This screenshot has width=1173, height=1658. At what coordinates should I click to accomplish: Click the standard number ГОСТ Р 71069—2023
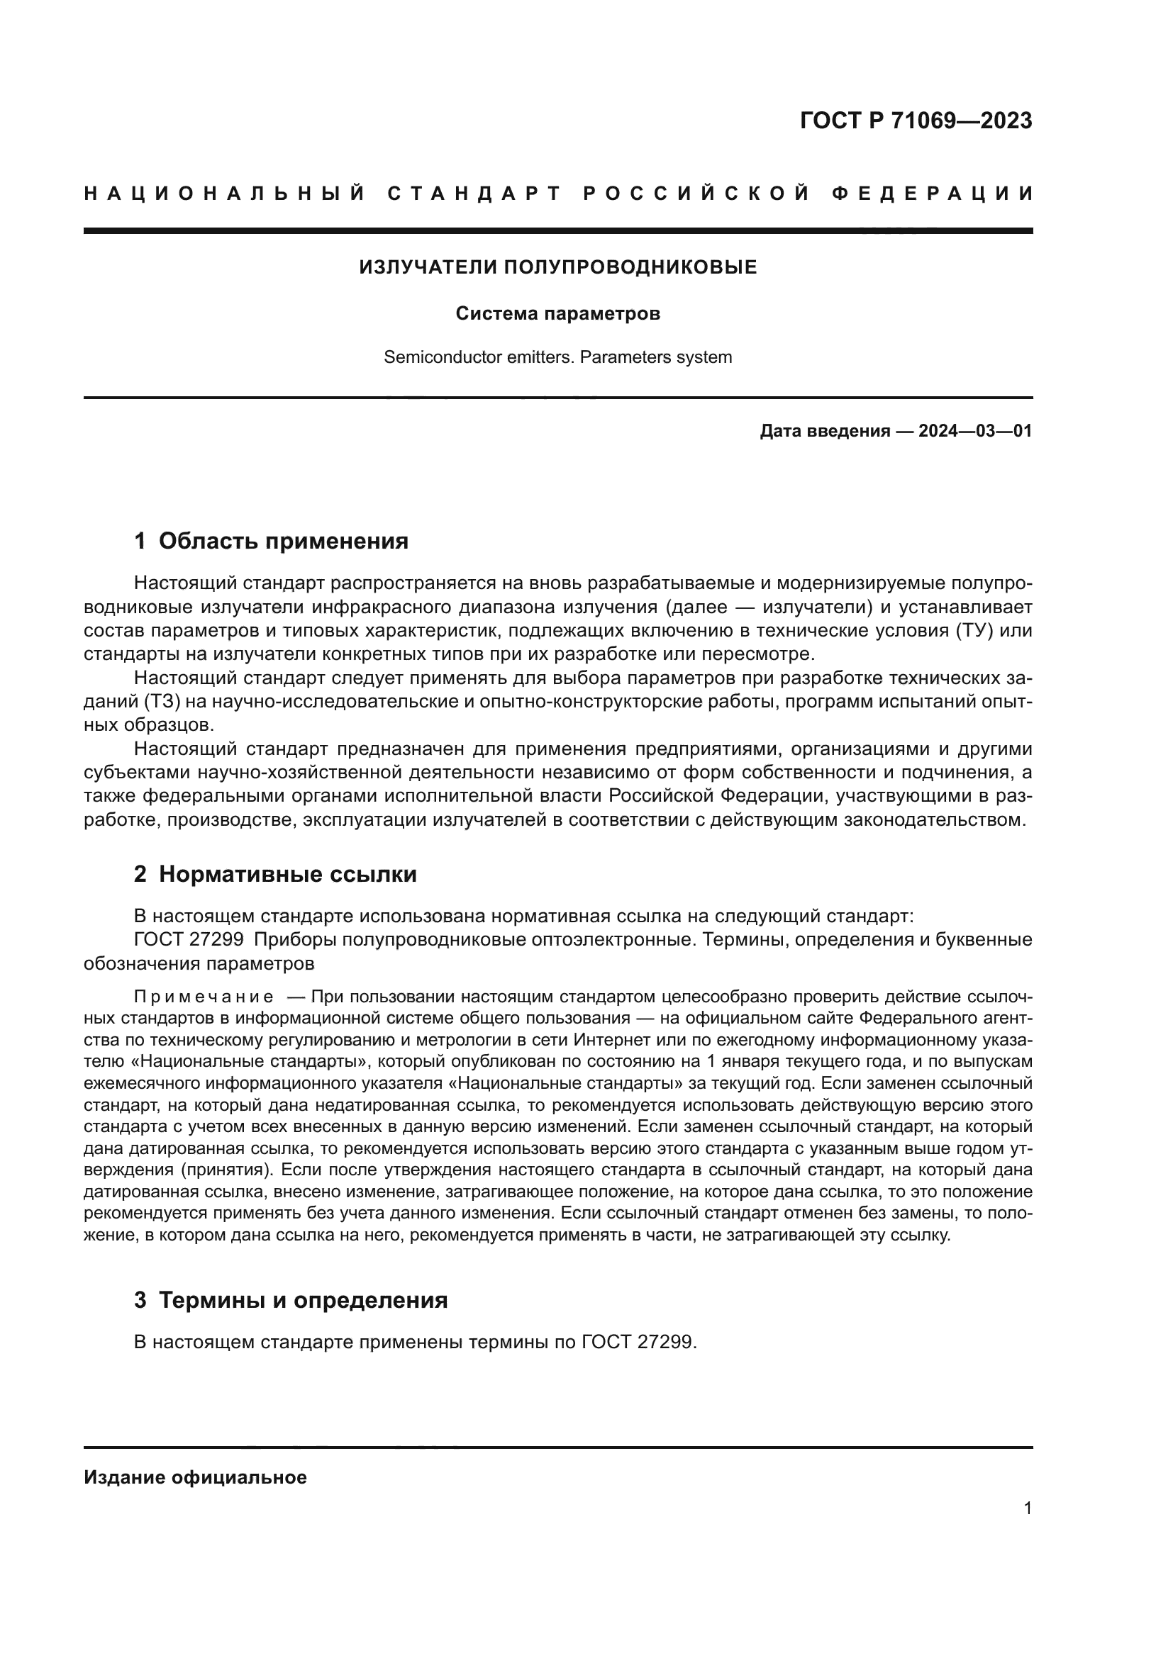915,121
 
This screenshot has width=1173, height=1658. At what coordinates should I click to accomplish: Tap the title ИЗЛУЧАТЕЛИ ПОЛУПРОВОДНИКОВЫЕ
557,267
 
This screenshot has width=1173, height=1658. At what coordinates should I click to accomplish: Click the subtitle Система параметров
557,314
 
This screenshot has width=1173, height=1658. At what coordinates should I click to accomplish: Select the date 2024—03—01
974,432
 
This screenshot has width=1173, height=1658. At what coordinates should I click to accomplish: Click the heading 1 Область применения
271,541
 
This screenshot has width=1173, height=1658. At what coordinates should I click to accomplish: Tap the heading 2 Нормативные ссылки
275,875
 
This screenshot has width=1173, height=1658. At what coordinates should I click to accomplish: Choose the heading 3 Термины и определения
290,1300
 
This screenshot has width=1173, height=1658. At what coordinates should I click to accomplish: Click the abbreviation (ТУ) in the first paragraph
974,630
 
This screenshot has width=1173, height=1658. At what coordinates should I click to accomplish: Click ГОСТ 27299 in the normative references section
189,940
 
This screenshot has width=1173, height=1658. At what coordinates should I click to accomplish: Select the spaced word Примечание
204,997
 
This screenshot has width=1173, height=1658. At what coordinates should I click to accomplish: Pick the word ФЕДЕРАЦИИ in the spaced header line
933,194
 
